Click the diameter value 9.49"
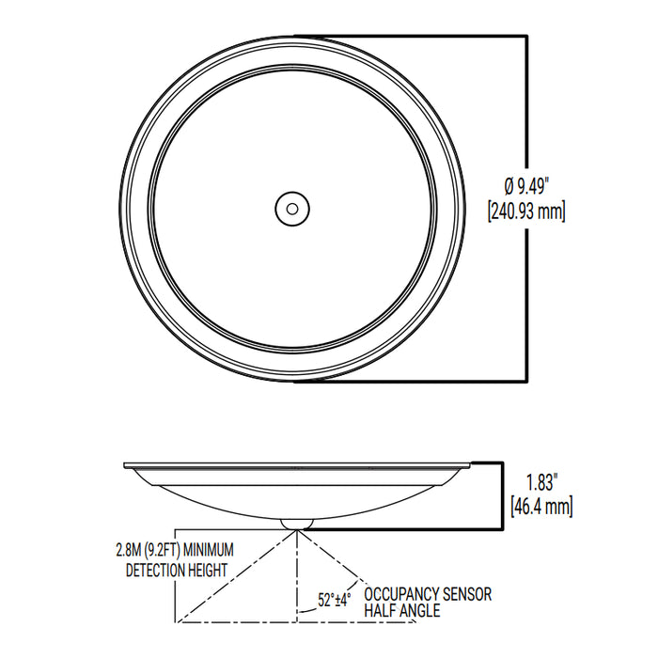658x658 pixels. pyautogui.click(x=540, y=184)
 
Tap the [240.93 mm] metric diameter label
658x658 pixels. pyautogui.click(x=527, y=211)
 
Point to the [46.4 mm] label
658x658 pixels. pyautogui.click(x=541, y=507)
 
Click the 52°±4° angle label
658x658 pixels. pyautogui.click(x=335, y=599)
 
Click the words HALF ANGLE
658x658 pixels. pyautogui.click(x=402, y=611)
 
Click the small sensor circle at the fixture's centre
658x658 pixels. pyautogui.click(x=291, y=208)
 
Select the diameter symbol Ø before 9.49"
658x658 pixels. pyautogui.click(x=509, y=184)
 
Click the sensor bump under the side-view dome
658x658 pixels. pyautogui.click(x=297, y=520)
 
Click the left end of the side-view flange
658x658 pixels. pyautogui.click(x=126, y=464)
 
